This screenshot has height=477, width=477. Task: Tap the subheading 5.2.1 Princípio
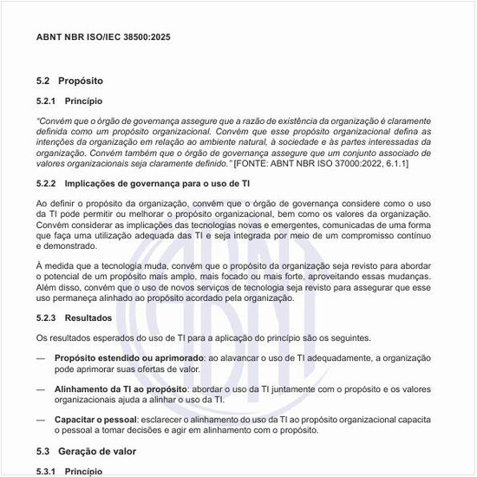[x=70, y=101]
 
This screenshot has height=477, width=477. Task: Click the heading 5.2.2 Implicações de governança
[x=144, y=184]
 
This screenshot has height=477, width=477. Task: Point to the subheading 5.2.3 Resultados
[x=75, y=318]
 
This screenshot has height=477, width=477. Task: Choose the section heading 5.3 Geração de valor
[x=86, y=452]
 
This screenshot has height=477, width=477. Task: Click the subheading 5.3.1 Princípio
[x=70, y=471]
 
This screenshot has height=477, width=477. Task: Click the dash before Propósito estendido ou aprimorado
[x=41, y=357]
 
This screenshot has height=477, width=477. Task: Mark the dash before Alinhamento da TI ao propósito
[x=41, y=389]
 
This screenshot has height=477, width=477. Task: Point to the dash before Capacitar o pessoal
[x=41, y=420]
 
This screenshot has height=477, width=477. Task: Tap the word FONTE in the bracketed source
[x=255, y=163]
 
